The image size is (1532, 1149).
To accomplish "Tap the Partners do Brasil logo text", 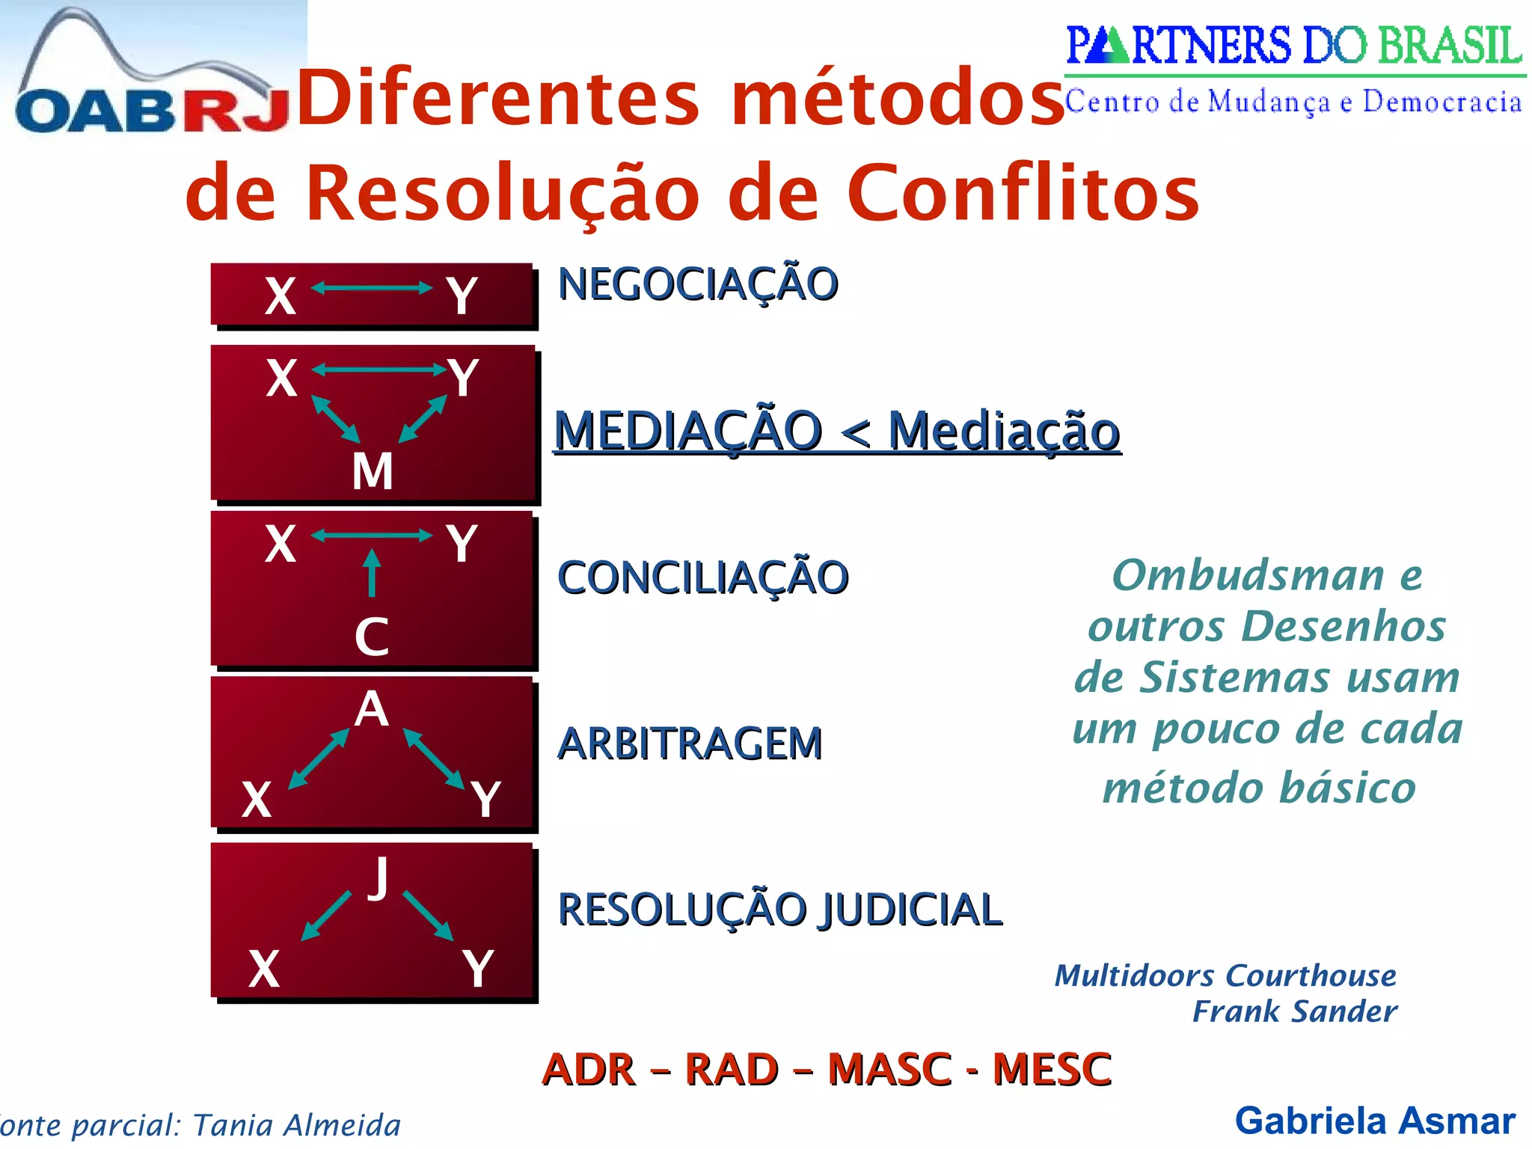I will tap(1293, 46).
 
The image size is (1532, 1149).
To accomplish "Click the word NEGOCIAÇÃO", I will tap(698, 284).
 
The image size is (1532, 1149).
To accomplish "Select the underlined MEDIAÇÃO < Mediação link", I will tap(837, 432).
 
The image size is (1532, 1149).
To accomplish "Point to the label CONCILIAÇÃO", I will tap(703, 577).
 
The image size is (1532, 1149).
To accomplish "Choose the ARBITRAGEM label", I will tap(690, 744).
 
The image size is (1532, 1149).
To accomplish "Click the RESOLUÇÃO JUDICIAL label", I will tap(779, 910).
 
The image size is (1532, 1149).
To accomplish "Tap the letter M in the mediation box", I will tap(373, 471).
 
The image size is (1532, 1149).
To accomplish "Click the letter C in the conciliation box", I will tap(372, 637).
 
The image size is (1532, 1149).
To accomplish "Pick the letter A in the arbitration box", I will tap(372, 708).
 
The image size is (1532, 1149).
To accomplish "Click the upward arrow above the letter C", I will tap(372, 573).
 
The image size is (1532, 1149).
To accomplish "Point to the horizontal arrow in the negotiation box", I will tap(372, 288).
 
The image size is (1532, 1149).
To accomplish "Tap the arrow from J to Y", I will tap(429, 916).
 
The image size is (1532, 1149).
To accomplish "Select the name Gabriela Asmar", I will tap(1375, 1121).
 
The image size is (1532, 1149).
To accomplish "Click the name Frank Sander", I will tap(1294, 1011).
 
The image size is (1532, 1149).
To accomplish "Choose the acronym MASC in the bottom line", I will tap(889, 1069).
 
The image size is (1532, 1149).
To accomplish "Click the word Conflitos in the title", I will tap(1023, 193).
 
